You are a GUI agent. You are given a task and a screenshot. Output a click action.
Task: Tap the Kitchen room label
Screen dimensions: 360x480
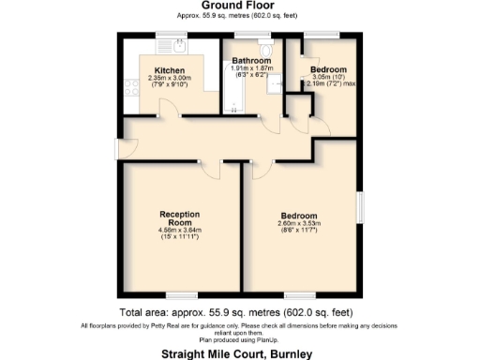click(170, 70)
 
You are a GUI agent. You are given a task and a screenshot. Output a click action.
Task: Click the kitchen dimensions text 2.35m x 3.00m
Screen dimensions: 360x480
click(170, 79)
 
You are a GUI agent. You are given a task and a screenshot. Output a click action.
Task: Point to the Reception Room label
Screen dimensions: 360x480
click(180, 217)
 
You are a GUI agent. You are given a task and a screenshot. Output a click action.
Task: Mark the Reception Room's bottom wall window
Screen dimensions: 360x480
click(180, 293)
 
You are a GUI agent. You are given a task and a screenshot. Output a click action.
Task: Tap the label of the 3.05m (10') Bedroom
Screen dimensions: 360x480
click(328, 69)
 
